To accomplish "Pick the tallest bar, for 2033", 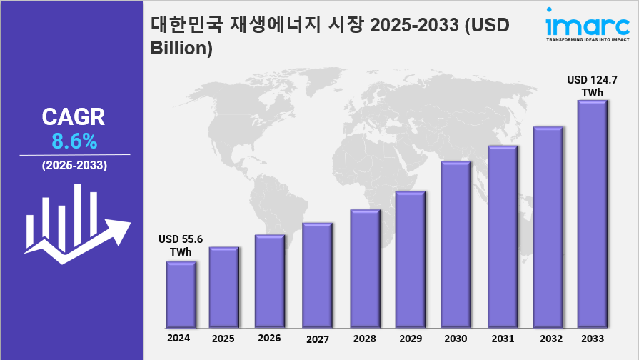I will (x=592, y=214).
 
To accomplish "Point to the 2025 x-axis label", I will (x=223, y=338).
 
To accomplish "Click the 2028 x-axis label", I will (x=364, y=338).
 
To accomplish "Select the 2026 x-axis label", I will (x=269, y=338).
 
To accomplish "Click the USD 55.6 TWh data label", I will (x=181, y=246).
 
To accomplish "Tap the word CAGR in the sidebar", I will (x=74, y=116).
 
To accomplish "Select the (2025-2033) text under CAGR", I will (x=74, y=166).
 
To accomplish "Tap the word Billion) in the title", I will (x=182, y=48).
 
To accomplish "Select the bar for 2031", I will (x=501, y=236).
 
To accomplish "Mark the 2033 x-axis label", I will (x=593, y=338).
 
